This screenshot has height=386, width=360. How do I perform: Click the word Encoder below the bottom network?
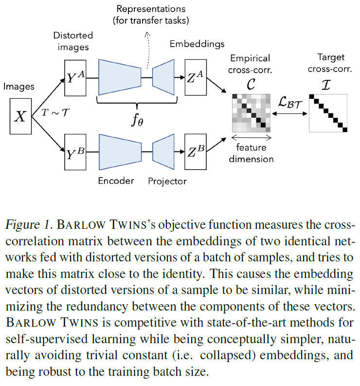click(116, 181)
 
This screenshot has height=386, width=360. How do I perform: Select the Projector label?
click(167, 181)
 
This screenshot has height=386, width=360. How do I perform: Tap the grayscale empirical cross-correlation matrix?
click(251, 111)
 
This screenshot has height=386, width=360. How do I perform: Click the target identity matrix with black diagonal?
click(328, 113)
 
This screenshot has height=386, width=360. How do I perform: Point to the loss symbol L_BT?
click(288, 103)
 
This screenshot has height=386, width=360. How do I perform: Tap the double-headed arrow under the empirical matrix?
click(251, 138)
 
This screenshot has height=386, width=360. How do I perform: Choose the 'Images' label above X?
click(19, 87)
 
